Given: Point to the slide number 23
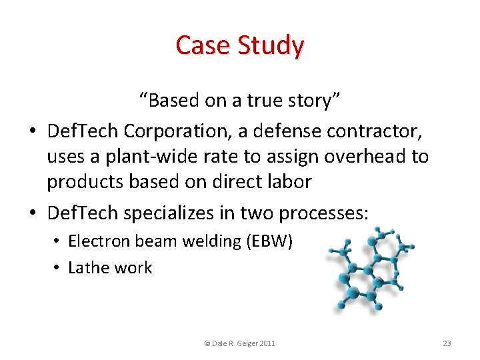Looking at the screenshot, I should point(447,343).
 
